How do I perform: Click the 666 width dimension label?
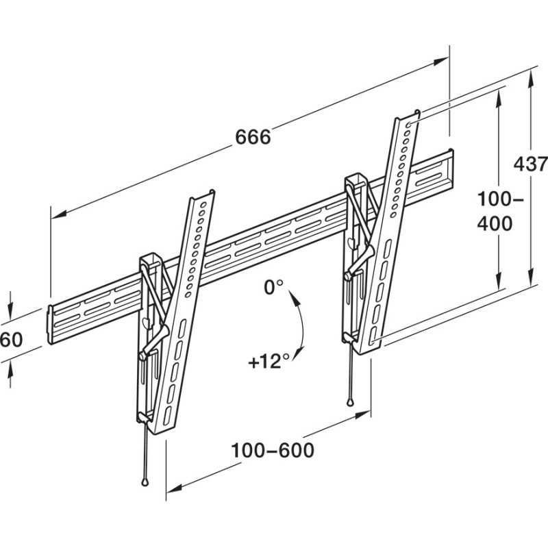point(253,137)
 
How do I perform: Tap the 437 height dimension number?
point(531,164)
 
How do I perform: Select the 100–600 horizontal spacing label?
point(273,450)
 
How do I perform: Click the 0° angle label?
point(273,288)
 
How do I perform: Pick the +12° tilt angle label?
point(265,361)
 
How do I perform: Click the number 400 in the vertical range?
point(495,224)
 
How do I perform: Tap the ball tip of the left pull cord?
point(146,481)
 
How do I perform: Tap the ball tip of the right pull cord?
point(351,402)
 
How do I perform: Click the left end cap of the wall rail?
point(50,324)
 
